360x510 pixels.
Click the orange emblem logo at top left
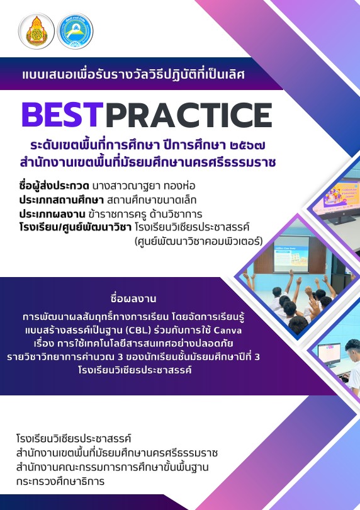point(37,31)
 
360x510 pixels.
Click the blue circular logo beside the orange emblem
point(75,31)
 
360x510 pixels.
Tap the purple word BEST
point(62,115)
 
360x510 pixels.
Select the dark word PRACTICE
point(189,115)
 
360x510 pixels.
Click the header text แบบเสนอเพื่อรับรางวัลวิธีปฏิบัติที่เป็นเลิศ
point(133,74)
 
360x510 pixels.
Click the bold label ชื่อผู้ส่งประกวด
point(54,186)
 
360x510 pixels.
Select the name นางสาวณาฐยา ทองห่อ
point(143,186)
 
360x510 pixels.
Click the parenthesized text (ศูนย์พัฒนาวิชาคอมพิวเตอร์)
point(198,242)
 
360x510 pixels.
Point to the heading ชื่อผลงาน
point(133,299)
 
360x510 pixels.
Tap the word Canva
point(228,331)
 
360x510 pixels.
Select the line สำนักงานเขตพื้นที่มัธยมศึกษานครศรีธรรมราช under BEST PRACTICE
point(148,162)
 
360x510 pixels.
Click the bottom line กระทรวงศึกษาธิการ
point(60,482)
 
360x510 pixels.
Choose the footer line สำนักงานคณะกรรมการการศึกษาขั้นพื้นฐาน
point(112,467)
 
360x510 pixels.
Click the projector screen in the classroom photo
point(291,254)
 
